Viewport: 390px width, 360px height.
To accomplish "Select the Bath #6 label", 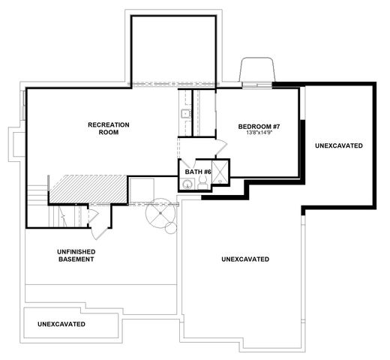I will (198, 172).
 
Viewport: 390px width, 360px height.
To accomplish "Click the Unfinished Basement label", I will (76, 256).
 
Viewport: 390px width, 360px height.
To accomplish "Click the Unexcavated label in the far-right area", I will (339, 145).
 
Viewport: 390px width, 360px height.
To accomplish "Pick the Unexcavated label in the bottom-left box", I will (61, 324).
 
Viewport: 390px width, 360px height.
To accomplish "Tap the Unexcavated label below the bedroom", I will (245, 259).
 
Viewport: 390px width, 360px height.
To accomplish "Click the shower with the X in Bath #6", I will (220, 169).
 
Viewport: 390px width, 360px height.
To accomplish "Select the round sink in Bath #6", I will (189, 184).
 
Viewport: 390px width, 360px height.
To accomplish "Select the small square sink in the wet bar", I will (184, 114).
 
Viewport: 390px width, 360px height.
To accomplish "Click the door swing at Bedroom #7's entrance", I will (222, 146).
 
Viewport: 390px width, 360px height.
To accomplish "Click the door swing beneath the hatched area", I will (93, 217).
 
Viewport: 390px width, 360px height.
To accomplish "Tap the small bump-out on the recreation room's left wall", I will (15, 142).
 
